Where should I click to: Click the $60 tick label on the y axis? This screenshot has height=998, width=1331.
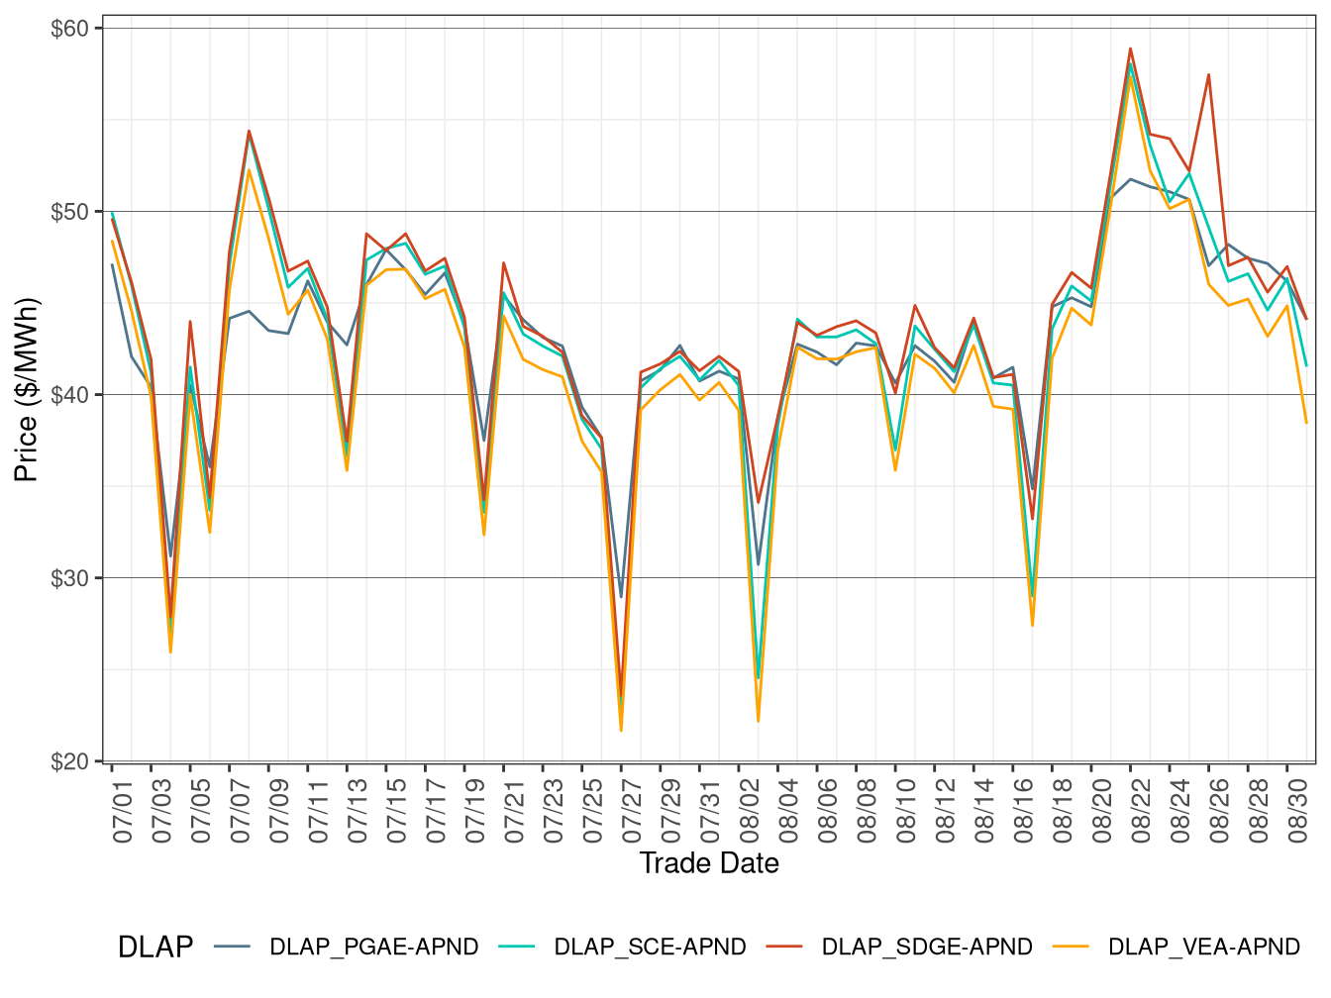(69, 29)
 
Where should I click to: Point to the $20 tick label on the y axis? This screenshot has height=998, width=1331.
(69, 761)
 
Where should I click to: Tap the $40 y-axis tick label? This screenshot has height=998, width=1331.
(69, 395)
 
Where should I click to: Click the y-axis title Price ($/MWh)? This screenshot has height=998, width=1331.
(27, 390)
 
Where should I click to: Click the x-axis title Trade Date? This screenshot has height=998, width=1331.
(709, 863)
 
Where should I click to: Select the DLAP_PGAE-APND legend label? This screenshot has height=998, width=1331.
(373, 948)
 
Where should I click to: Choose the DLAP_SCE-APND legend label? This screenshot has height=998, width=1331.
(650, 948)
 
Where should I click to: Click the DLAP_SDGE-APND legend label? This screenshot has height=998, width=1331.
(927, 948)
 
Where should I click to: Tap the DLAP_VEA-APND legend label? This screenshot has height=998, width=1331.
(1203, 948)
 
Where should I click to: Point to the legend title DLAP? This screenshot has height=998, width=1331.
(155, 948)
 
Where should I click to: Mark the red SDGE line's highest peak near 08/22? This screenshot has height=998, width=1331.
(1130, 49)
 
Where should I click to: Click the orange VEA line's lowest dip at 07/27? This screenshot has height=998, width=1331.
(621, 731)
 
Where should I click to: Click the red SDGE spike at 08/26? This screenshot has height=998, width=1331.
(1208, 74)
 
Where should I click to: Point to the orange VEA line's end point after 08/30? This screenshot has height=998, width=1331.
(1306, 423)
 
